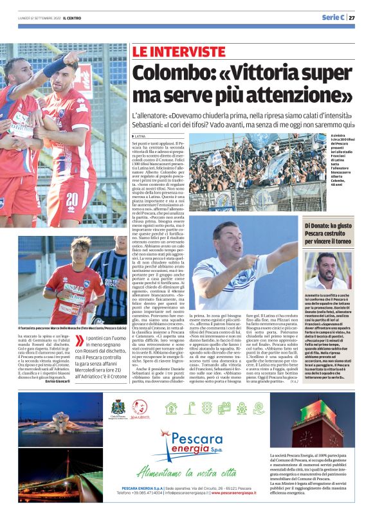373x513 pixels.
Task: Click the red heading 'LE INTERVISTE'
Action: tap(170, 51)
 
